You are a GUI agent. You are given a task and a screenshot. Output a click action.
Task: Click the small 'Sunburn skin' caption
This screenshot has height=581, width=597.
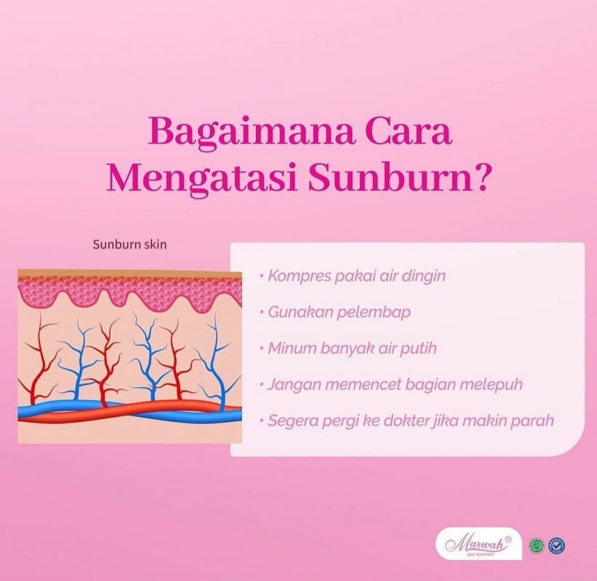130,244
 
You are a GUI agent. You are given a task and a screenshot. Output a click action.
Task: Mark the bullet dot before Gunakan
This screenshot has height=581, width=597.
262,312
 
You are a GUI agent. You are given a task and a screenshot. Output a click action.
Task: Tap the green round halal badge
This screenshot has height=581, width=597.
537,546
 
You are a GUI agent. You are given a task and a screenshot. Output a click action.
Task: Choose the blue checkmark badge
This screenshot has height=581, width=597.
556,546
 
